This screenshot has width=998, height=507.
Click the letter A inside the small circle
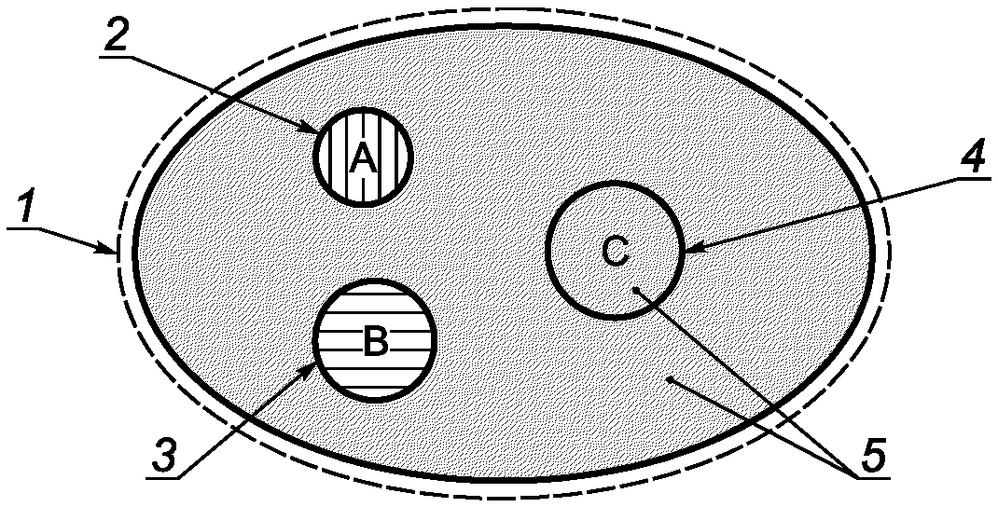(x=363, y=160)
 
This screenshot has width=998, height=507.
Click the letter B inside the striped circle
(x=374, y=342)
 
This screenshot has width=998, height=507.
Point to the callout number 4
(x=971, y=159)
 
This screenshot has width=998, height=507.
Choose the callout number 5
(x=872, y=456)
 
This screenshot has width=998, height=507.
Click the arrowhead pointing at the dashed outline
(x=110, y=250)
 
